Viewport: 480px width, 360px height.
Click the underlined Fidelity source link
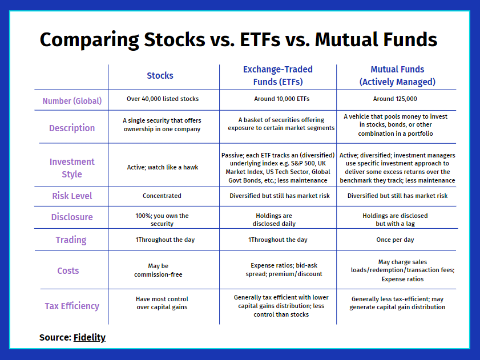click(x=90, y=337)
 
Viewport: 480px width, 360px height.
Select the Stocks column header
click(x=160, y=76)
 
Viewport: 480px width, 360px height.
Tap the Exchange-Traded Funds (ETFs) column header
click(x=278, y=76)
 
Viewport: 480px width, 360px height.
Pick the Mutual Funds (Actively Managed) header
click(x=397, y=76)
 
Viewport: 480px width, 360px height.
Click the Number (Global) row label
click(x=72, y=101)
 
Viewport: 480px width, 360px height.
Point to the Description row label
click(x=72, y=128)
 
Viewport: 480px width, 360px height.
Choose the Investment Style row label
click(x=72, y=168)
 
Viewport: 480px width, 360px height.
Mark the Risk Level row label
click(x=72, y=196)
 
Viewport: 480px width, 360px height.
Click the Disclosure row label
click(x=72, y=217)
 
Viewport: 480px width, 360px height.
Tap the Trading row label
click(x=71, y=240)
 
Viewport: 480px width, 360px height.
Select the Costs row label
click(x=68, y=270)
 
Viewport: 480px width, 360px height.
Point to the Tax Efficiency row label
click(x=72, y=306)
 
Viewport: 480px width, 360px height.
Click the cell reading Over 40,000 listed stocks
click(x=163, y=99)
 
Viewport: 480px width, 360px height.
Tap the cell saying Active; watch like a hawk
click(x=163, y=167)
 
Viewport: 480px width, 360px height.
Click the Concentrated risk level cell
click(x=162, y=196)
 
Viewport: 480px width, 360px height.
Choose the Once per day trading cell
click(x=395, y=240)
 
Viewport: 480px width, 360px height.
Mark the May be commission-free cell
click(x=158, y=270)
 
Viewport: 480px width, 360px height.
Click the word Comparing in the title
click(x=90, y=40)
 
